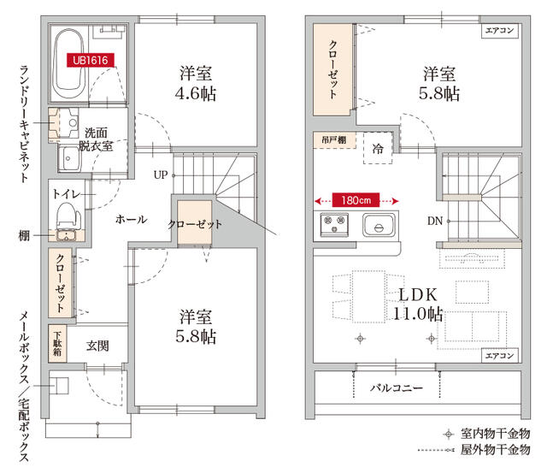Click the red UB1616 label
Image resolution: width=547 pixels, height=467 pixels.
(90, 62)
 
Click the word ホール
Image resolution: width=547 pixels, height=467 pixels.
(131, 220)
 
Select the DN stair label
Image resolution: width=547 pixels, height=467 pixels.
(435, 222)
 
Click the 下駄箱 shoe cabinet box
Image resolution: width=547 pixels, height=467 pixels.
(58, 342)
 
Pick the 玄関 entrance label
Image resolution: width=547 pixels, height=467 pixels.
(98, 346)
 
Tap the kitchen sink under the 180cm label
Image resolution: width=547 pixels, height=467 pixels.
(378, 227)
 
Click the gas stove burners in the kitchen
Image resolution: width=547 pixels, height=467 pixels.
(332, 226)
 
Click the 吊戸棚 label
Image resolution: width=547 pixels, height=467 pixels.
(333, 139)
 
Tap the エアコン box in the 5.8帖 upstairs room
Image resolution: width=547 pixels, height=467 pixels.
(500, 32)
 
